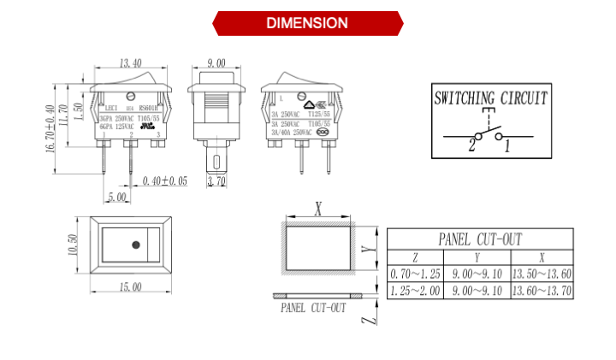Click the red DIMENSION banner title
point(307,23)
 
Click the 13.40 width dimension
point(131,62)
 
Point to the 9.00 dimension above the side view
point(216,62)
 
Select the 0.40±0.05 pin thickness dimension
point(165,180)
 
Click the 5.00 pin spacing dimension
point(116,197)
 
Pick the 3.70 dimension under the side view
point(216,181)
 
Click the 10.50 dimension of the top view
point(73,245)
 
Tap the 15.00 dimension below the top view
point(130,287)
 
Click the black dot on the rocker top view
point(135,246)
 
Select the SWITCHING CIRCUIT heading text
point(490,97)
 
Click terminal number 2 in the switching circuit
point(471,145)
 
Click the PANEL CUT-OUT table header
point(479,239)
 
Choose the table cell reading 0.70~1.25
point(415,274)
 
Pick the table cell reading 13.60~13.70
point(542,291)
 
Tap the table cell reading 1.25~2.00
point(415,291)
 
